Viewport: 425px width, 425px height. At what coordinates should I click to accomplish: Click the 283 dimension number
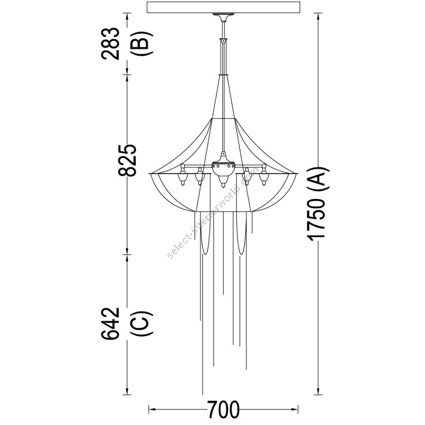coord(110,43)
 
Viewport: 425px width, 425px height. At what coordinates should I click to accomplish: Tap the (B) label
coord(141,43)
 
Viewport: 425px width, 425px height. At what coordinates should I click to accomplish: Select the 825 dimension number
coord(127,160)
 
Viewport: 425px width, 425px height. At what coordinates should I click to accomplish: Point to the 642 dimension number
coord(110,323)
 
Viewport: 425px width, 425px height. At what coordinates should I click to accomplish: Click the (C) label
coord(141,323)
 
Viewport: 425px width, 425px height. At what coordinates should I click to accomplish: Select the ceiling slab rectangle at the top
coord(223,7)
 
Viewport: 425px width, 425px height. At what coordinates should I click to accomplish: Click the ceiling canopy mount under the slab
coord(223,17)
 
